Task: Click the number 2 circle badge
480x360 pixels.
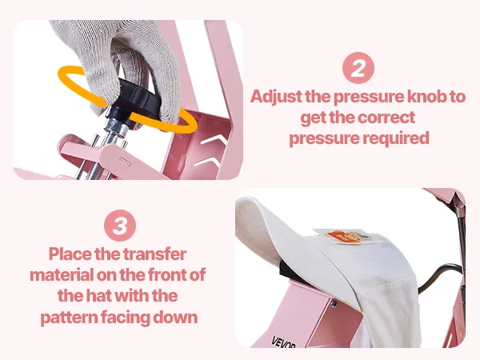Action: (x=358, y=68)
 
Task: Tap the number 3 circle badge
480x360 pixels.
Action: (x=120, y=226)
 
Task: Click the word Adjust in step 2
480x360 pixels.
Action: (x=277, y=97)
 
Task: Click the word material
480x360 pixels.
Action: (x=62, y=275)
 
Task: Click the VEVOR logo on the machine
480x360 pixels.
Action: (x=283, y=342)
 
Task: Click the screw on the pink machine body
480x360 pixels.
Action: (x=334, y=304)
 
